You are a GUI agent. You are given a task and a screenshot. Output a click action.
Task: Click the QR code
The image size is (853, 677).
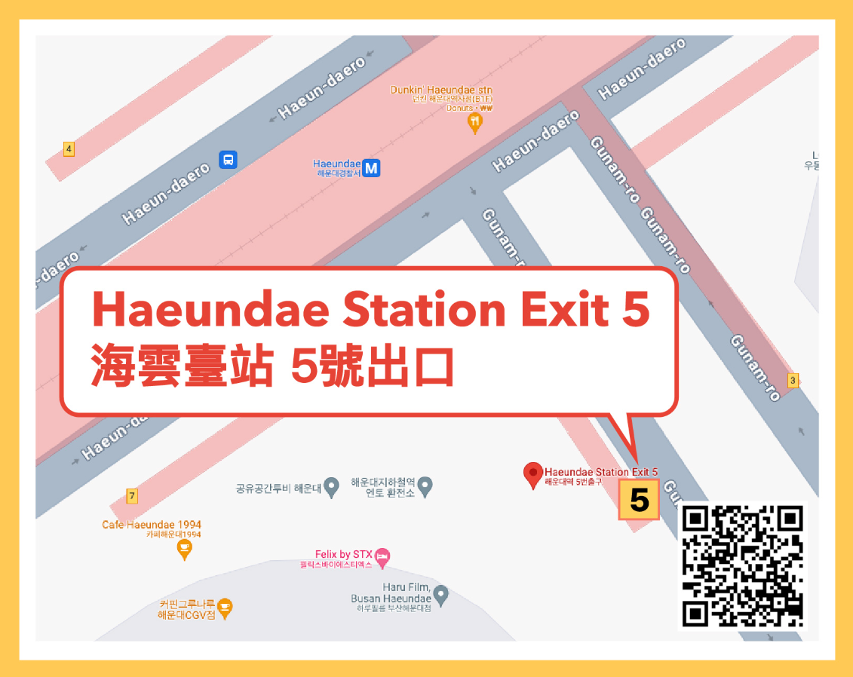point(743,565)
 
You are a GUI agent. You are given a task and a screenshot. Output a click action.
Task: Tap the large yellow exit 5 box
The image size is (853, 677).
point(639,499)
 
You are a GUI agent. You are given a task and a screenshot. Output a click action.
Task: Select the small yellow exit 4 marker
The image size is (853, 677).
point(69,149)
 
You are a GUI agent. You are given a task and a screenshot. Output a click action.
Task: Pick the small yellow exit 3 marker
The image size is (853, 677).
point(792,381)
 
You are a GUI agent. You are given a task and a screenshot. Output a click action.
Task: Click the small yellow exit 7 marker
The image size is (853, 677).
point(132,496)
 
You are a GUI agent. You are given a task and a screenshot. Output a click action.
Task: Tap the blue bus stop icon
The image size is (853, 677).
point(228,160)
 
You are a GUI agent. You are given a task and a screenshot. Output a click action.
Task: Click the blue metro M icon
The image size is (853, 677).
point(370,168)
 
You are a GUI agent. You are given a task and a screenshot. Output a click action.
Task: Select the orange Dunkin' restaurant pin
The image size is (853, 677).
point(474,121)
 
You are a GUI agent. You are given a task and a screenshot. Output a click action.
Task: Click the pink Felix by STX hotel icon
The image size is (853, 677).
point(382,557)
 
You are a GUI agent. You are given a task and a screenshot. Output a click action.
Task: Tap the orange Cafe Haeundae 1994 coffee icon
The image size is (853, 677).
point(183,550)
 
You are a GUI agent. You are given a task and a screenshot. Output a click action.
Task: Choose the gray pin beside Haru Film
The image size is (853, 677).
point(441,596)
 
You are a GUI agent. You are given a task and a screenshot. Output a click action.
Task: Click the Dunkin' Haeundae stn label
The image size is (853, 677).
point(441,90)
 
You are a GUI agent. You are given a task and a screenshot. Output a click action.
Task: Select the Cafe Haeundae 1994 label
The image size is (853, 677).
point(152,525)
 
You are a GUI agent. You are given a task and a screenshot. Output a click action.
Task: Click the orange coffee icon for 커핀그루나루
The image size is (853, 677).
point(225,605)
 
